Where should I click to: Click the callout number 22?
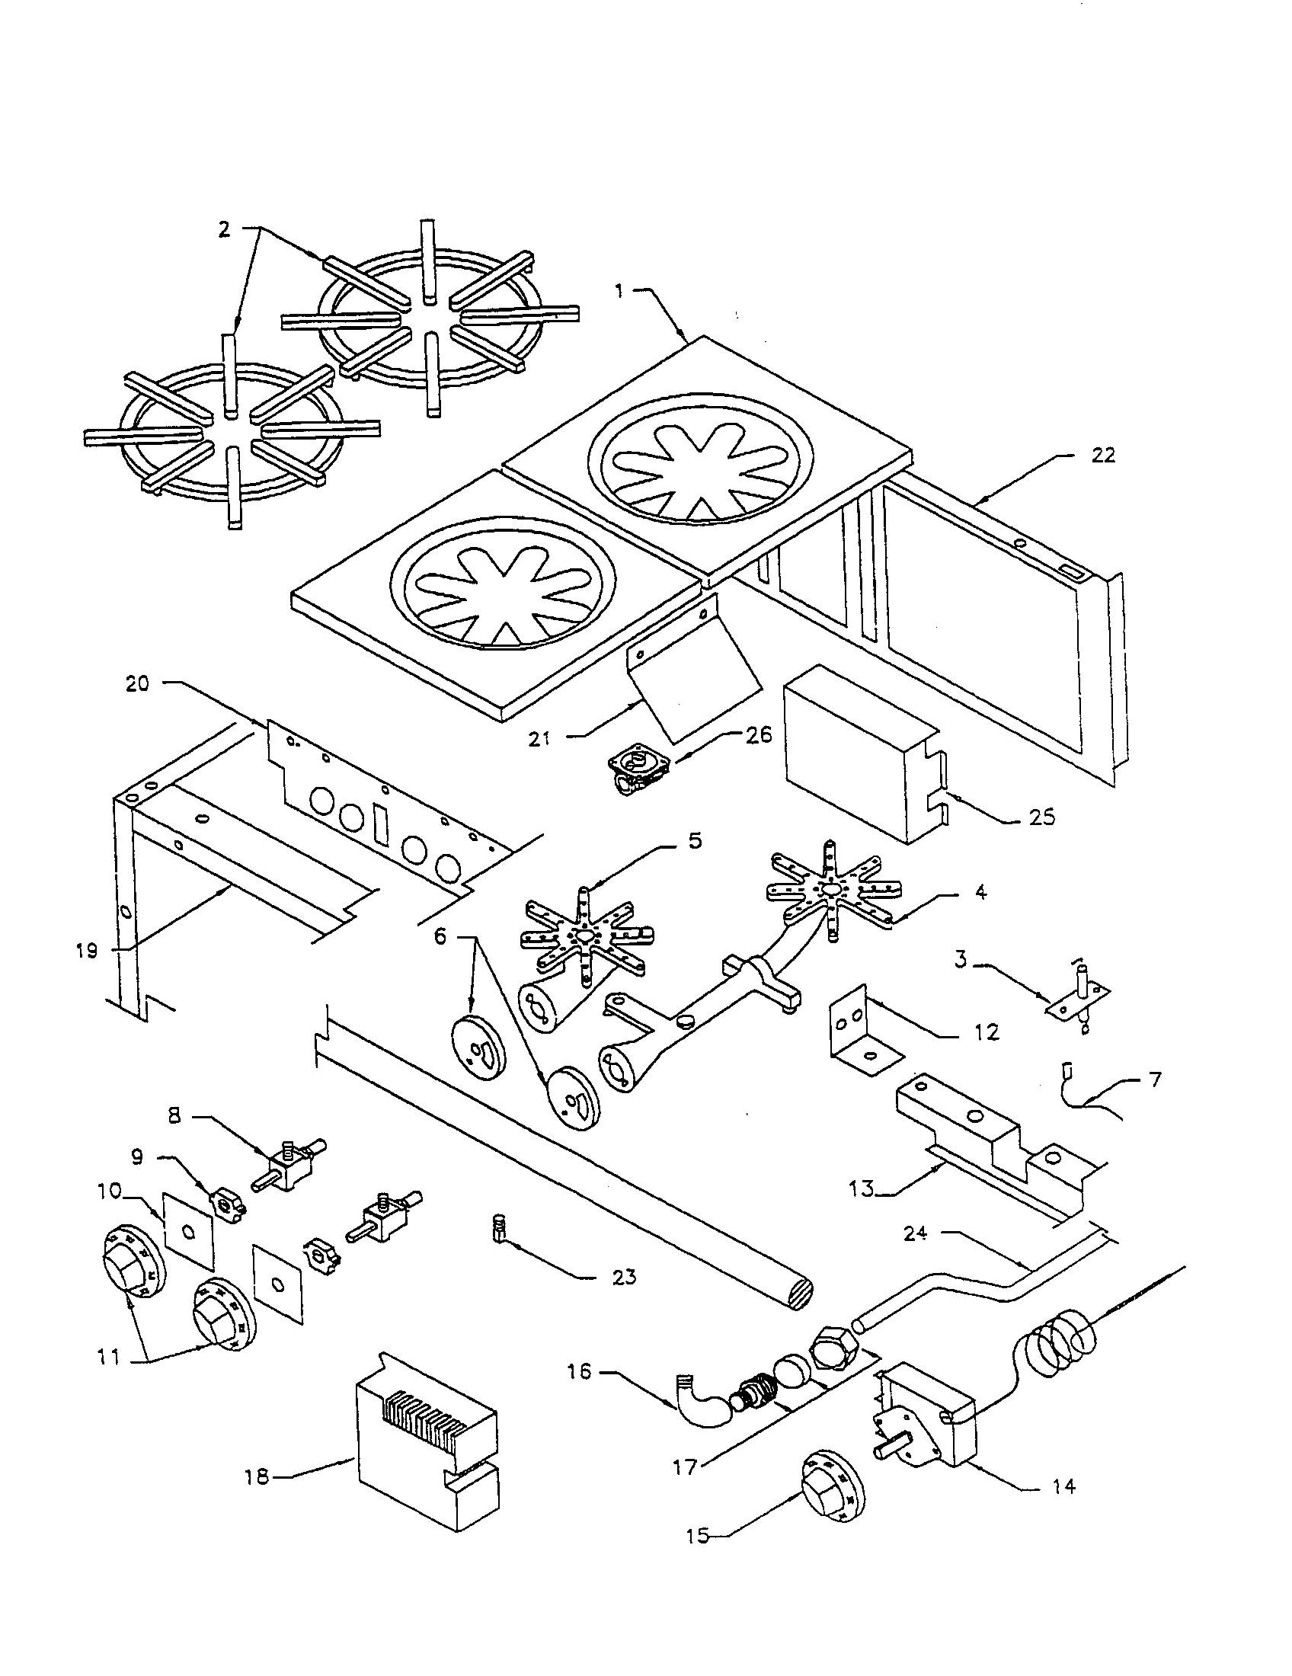1102,455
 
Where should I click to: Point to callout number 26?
756,734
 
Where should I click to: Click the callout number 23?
623,1277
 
